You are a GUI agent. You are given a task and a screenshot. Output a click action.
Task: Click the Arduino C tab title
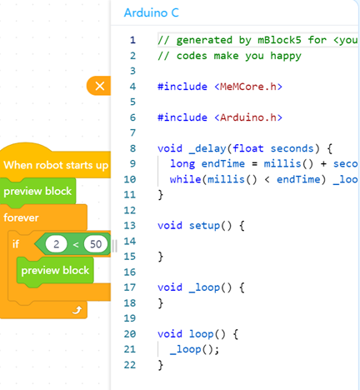(x=152, y=12)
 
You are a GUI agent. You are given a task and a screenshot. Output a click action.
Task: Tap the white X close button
(x=100, y=86)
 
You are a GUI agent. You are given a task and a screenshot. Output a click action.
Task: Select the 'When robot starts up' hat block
(x=56, y=165)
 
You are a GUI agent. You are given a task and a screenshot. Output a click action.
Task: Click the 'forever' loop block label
(x=21, y=217)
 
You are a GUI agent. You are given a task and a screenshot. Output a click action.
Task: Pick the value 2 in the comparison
(x=56, y=244)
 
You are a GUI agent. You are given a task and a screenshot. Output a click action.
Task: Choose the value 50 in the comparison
(x=96, y=244)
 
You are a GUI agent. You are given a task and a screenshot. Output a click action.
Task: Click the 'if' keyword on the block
(x=16, y=244)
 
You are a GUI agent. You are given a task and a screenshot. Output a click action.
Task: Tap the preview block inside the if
(x=55, y=270)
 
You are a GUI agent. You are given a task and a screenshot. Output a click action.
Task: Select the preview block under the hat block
(x=37, y=192)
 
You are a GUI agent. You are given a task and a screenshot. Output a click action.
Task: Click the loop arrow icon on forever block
(x=77, y=310)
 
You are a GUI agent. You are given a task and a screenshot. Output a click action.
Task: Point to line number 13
(x=130, y=225)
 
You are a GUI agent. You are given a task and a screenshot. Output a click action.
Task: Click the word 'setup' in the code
(x=205, y=225)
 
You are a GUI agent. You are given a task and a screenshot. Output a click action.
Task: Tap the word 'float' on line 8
(x=248, y=148)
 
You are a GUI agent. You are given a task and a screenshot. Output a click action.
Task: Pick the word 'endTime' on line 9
(x=223, y=163)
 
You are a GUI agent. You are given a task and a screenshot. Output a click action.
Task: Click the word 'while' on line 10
(x=185, y=179)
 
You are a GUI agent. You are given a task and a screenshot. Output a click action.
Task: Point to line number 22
(x=130, y=365)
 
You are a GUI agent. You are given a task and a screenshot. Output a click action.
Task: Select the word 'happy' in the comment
(x=286, y=57)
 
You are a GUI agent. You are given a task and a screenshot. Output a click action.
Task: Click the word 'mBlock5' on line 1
(x=279, y=40)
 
